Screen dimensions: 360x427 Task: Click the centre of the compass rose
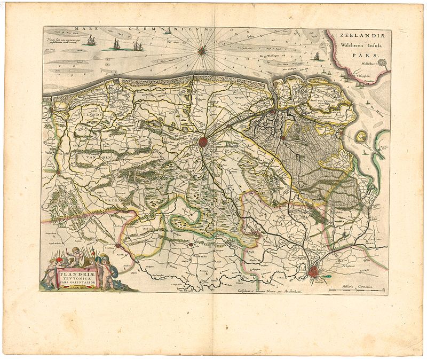point(202,51)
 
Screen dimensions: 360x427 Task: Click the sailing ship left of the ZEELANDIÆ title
point(317,56)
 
